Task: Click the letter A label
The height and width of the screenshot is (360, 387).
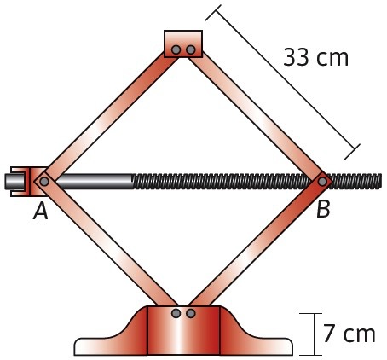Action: [x=41, y=212]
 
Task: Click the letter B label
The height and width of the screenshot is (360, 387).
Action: [x=323, y=209]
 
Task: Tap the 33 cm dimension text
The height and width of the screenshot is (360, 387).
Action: [x=315, y=57]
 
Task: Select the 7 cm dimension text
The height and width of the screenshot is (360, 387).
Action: [x=349, y=334]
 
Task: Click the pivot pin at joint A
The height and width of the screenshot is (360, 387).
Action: [x=44, y=181]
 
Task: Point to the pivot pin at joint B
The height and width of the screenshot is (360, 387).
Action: [x=322, y=181]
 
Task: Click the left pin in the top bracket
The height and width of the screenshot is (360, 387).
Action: [x=176, y=49]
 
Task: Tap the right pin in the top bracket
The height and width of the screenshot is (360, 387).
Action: [x=191, y=49]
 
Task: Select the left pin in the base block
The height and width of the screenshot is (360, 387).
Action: [x=176, y=313]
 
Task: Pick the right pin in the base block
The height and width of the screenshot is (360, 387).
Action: [x=191, y=313]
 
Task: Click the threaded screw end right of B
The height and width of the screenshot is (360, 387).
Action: [x=355, y=181]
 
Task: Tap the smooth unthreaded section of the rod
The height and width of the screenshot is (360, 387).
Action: [x=94, y=181]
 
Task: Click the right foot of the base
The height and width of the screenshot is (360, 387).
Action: [x=256, y=339]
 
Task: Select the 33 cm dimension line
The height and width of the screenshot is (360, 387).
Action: [x=283, y=83]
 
